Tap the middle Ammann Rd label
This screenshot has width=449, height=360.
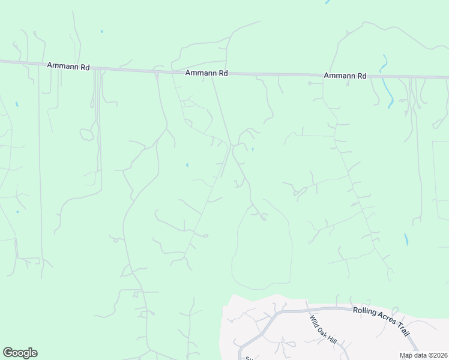[206, 73]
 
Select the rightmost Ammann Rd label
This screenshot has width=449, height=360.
[345, 76]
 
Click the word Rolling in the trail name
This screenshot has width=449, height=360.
[366, 310]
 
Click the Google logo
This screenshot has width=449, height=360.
[20, 353]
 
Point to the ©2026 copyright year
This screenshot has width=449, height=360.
[439, 355]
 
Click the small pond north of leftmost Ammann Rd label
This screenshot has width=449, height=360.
[102, 31]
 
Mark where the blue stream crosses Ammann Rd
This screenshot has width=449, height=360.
[382, 77]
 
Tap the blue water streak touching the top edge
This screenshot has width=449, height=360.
[328, 2]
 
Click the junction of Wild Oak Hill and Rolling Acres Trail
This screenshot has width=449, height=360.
[307, 310]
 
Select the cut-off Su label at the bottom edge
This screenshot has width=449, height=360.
[248, 358]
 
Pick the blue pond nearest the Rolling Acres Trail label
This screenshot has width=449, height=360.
[406, 239]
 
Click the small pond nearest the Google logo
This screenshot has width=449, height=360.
[17, 212]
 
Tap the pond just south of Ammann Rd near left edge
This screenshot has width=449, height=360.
[16, 104]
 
